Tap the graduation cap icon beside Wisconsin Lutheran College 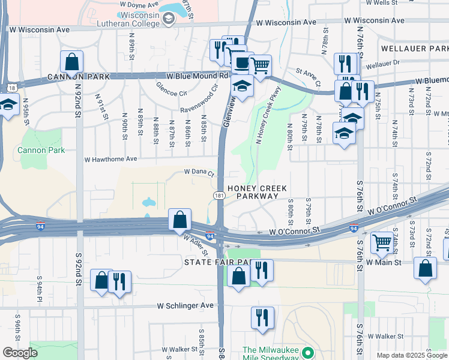coord(169,20)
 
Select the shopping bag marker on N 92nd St coord(71,61)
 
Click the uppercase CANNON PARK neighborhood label coord(79,77)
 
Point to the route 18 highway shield coord(12,88)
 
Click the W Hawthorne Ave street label coord(111,160)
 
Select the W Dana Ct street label coord(199,173)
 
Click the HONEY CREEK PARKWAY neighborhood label coord(261,192)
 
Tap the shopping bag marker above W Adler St coord(179,220)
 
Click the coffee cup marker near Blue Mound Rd coord(241,62)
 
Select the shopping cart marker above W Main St coord(382,243)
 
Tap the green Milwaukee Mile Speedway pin coord(308,352)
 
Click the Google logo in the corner coord(20,353)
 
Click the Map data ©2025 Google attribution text coord(411,355)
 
